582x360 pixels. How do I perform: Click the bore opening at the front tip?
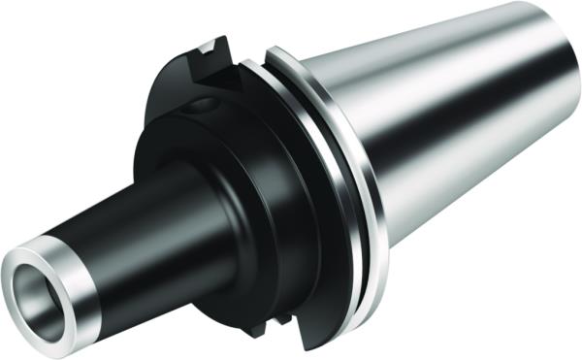click(x=40, y=290)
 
